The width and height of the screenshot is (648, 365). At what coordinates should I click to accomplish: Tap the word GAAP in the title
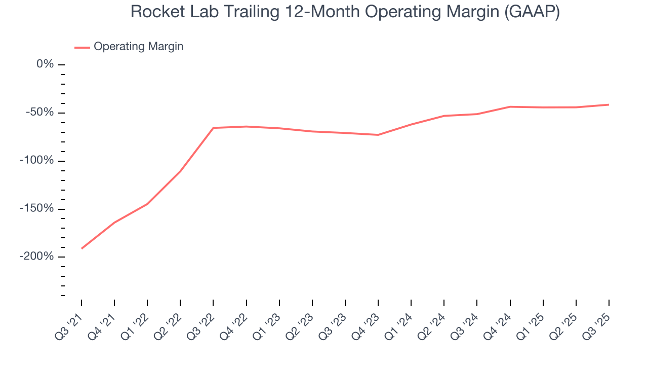532,12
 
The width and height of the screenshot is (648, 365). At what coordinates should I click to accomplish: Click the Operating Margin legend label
138,47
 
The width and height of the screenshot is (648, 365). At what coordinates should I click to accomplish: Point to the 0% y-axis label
45,64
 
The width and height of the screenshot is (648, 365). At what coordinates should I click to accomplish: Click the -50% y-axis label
40,113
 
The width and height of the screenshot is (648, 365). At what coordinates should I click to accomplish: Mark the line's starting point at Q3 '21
82,248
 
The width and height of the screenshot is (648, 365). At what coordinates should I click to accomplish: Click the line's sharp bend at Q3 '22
213,128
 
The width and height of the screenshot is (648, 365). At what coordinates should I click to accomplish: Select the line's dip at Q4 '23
378,135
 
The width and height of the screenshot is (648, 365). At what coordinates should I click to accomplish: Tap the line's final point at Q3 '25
609,104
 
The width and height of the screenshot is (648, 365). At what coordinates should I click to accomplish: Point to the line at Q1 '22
147,204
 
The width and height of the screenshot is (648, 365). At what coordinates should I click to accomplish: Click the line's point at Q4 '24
510,106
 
